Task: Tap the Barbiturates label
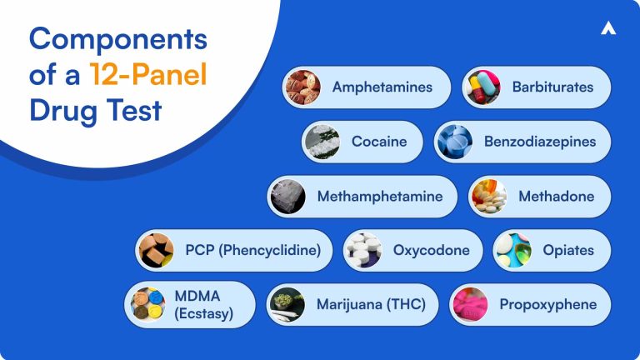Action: point(552,87)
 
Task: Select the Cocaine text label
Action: point(379,142)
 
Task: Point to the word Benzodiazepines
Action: point(540,142)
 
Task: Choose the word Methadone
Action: point(556,197)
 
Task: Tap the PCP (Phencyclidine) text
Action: point(252,250)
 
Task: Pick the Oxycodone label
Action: point(431,250)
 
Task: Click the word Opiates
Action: point(567,250)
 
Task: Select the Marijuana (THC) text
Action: point(371,304)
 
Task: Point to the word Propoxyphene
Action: point(547,304)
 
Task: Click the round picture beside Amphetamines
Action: point(302,87)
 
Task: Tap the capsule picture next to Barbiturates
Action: point(483,87)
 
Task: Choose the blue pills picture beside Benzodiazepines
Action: point(454,142)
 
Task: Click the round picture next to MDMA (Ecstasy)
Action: point(149,304)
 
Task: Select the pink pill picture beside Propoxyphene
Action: point(470,304)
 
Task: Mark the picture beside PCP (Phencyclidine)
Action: point(156,250)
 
